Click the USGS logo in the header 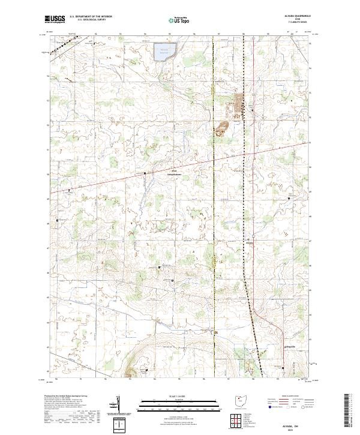point(56,19)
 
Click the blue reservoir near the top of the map point(162,52)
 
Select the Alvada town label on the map point(250,242)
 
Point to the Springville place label point(274,347)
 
